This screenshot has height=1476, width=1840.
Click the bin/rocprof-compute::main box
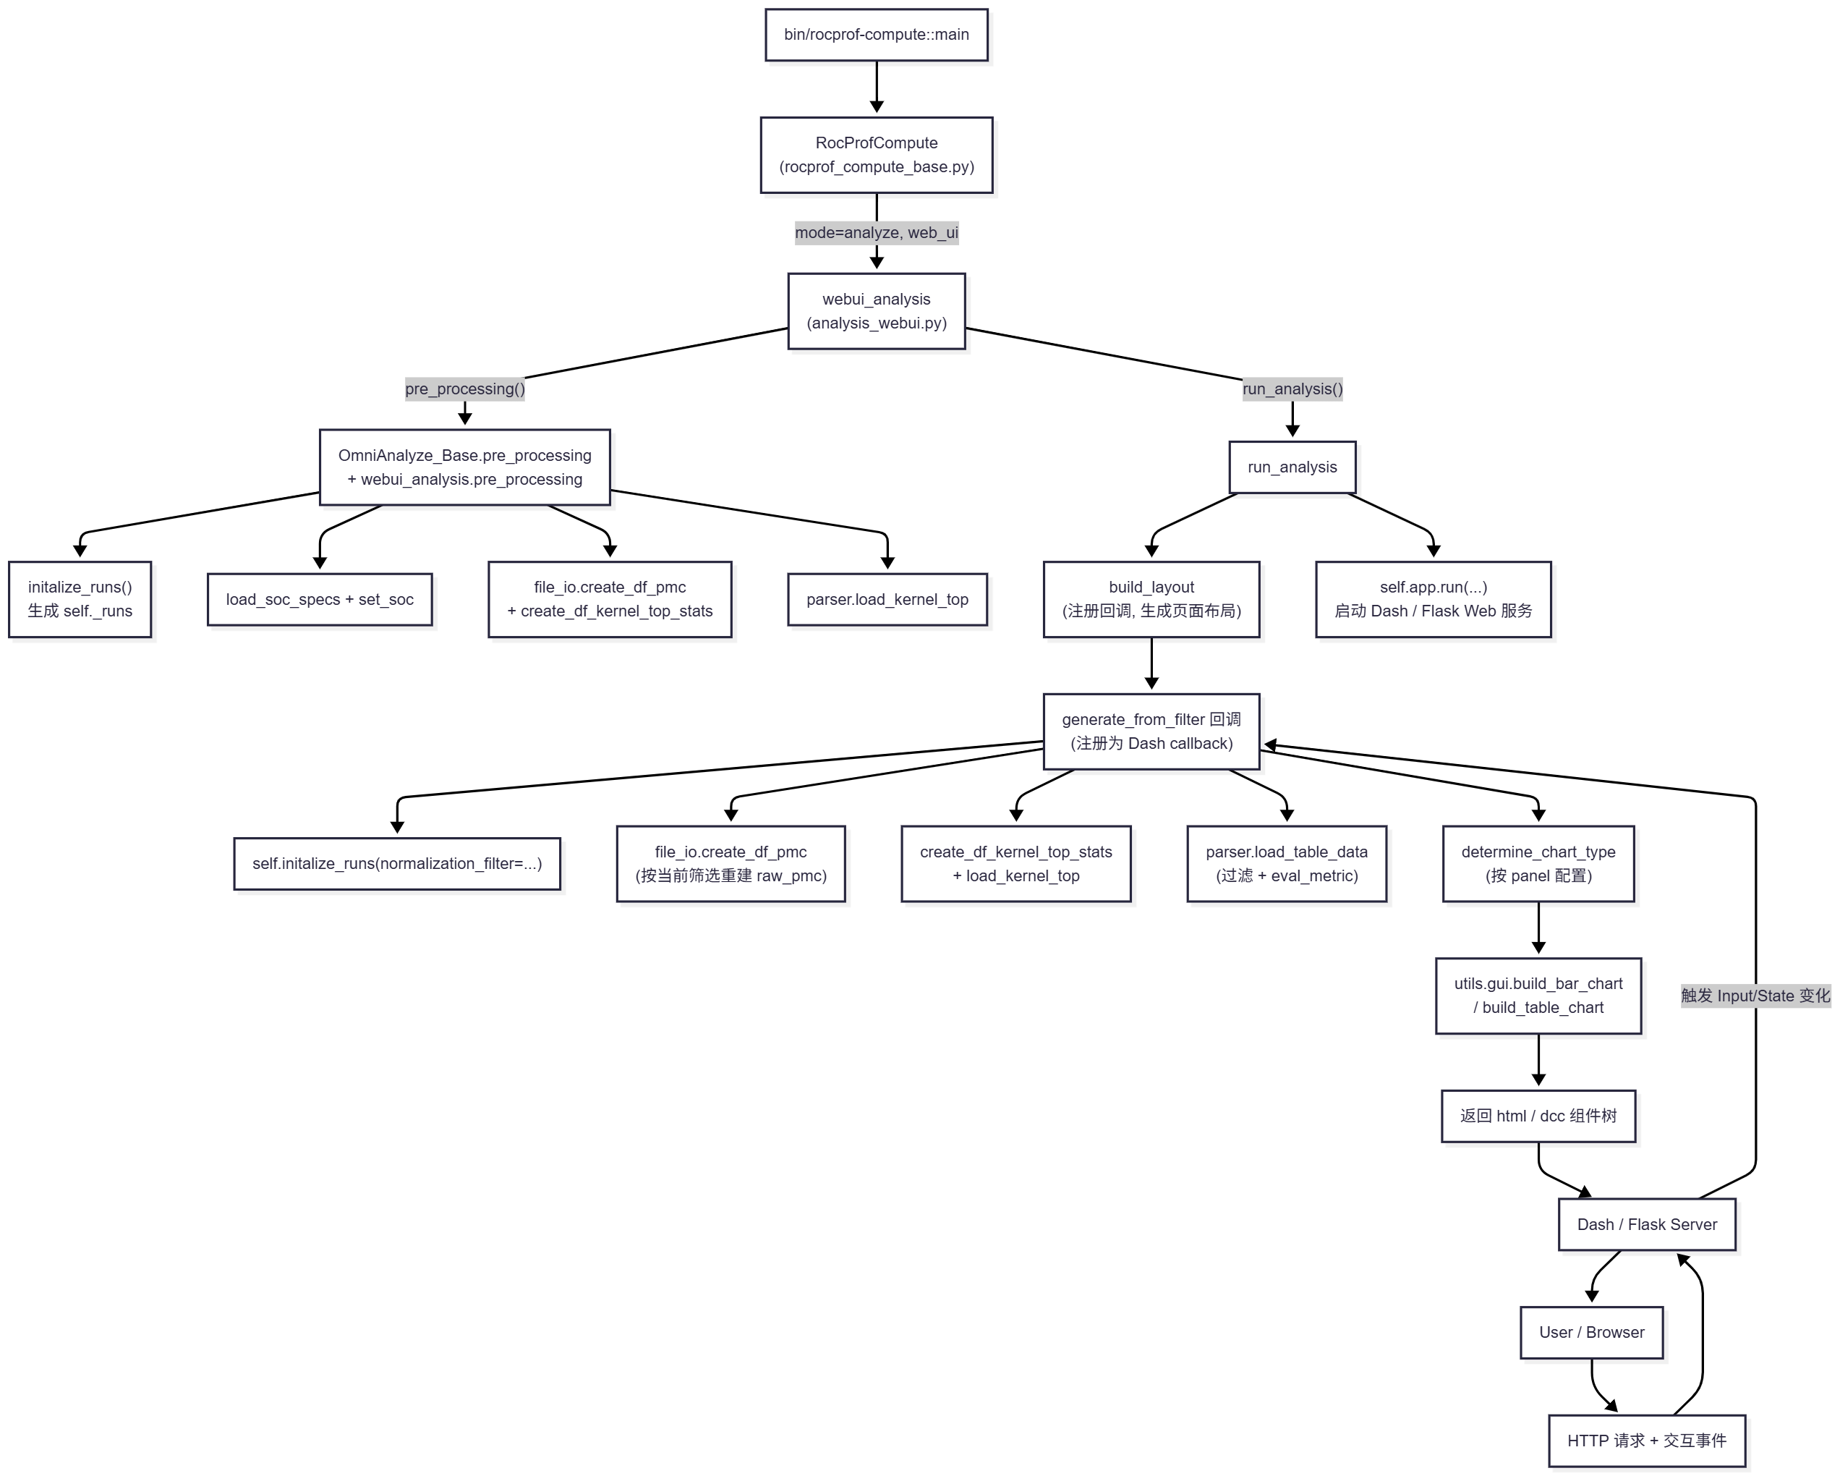[x=877, y=35]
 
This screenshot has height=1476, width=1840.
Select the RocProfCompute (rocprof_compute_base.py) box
[x=877, y=156]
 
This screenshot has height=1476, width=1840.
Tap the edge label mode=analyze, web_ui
[x=877, y=232]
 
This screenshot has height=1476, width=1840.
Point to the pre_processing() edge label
[x=464, y=389]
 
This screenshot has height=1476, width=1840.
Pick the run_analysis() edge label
[x=1292, y=389]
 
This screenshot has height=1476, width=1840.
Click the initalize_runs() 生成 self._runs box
[x=80, y=599]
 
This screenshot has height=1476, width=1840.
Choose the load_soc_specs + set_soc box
[x=319, y=599]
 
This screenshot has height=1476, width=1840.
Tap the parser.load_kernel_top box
[x=887, y=599]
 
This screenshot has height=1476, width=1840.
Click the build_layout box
[x=1151, y=599]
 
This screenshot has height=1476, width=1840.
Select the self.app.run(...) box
[x=1433, y=599]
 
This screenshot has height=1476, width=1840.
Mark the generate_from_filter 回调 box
[x=1151, y=731]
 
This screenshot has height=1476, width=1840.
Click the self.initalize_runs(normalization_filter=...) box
[x=397, y=864]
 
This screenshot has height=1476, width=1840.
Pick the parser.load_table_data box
[x=1286, y=864]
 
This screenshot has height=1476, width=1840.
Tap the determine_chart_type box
[x=1538, y=864]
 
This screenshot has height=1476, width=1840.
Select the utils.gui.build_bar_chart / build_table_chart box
[x=1538, y=996]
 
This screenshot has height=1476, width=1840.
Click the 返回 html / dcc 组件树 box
[x=1538, y=1116]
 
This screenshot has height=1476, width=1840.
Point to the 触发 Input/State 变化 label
[x=1755, y=996]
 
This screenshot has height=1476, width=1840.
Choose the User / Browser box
[x=1592, y=1333]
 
